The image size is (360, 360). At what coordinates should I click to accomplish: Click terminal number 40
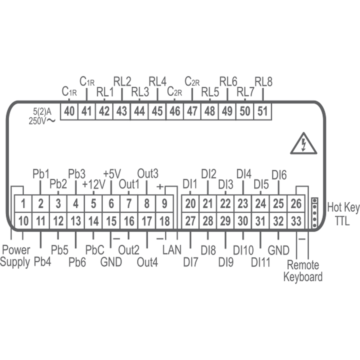pyautogui.click(x=69, y=112)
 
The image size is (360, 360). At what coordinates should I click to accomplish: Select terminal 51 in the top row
pyautogui.click(x=262, y=112)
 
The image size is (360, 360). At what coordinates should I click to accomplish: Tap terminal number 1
pyautogui.click(x=23, y=204)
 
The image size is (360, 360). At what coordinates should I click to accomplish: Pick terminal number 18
pyautogui.click(x=164, y=221)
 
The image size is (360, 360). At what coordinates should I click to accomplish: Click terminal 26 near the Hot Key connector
pyautogui.click(x=296, y=204)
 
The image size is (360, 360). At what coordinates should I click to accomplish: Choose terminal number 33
pyautogui.click(x=296, y=221)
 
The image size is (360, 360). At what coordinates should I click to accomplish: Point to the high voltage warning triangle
pyautogui.click(x=304, y=145)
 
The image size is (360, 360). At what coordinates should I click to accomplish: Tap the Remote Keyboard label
pyautogui.click(x=303, y=271)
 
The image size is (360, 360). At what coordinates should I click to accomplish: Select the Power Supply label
pyautogui.click(x=16, y=256)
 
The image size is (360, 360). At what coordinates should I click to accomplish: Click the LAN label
pyautogui.click(x=172, y=250)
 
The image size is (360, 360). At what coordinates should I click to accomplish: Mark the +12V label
pyautogui.click(x=94, y=185)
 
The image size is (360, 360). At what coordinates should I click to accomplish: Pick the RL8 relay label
pyautogui.click(x=263, y=82)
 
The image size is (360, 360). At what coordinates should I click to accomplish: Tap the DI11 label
pyautogui.click(x=260, y=262)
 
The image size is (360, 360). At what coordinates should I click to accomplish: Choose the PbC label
pyautogui.click(x=95, y=250)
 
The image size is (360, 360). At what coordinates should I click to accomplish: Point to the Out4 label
pyautogui.click(x=147, y=262)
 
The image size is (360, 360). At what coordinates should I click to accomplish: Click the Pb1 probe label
pyautogui.click(x=40, y=174)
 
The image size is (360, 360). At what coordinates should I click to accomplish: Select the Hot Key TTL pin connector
pyautogui.click(x=314, y=212)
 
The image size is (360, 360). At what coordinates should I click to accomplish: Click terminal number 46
pyautogui.click(x=175, y=112)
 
